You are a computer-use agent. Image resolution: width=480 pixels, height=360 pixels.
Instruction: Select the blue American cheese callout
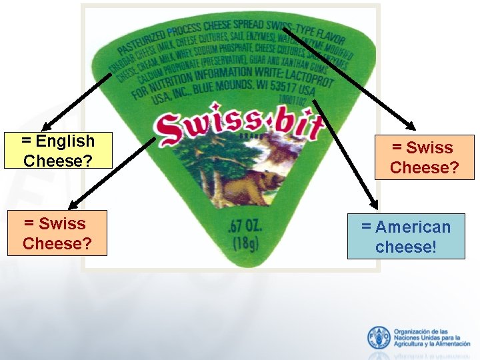point(406,237)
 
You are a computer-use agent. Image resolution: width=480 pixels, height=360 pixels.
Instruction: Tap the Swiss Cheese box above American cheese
point(423,157)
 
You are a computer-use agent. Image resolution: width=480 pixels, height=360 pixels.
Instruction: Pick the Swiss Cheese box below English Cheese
point(55,233)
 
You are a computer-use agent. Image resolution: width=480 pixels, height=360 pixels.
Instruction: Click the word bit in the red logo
point(289,126)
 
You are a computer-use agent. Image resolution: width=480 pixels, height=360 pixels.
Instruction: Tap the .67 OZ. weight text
point(245,225)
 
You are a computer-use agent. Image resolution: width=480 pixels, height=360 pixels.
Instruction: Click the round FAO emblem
point(379,337)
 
